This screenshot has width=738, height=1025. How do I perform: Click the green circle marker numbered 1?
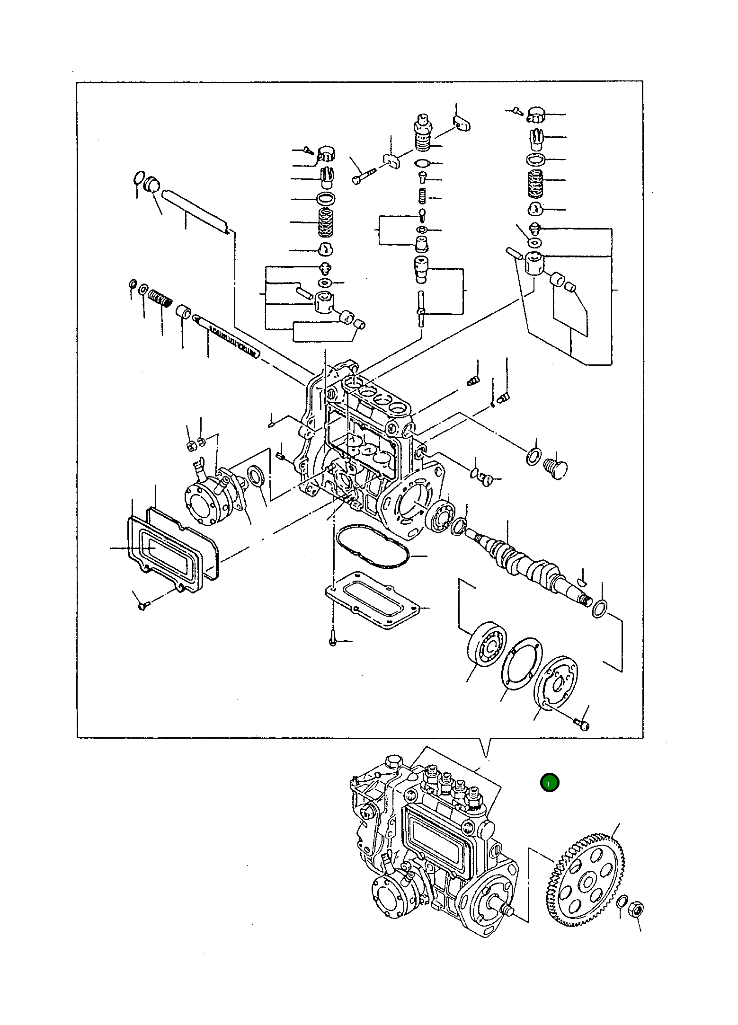(549, 783)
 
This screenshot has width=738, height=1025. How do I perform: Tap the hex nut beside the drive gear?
(636, 909)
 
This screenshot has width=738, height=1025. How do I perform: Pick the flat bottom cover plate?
(373, 600)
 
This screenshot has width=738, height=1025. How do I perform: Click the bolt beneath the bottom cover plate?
(332, 641)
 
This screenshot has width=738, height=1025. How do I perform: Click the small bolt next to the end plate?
(582, 724)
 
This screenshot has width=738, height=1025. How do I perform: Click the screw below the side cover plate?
(142, 605)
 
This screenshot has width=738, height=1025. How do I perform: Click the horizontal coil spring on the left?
(160, 299)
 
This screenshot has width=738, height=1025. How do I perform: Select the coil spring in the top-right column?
(535, 183)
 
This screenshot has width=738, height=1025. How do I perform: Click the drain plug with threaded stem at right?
(556, 468)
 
